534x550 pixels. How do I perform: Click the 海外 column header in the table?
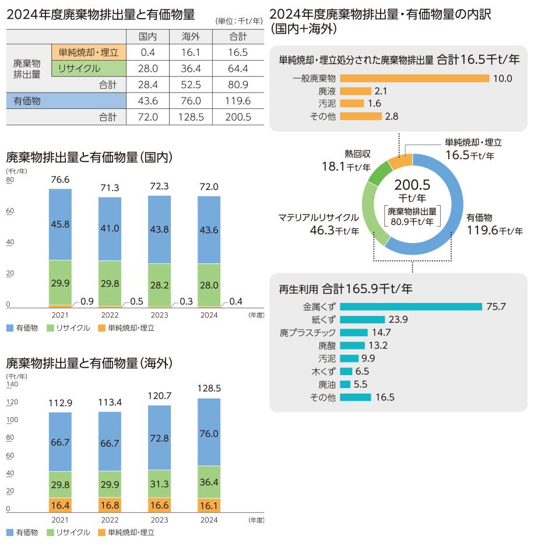tap(192, 36)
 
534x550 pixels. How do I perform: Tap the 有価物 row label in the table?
tap(27, 101)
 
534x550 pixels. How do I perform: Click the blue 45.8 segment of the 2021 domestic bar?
tap(60, 224)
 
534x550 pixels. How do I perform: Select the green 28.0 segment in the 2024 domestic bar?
tap(209, 285)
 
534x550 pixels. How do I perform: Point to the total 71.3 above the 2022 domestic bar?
tap(110, 188)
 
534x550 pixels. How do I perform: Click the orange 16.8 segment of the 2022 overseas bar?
tap(110, 505)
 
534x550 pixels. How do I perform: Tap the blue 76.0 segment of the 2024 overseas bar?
tap(209, 433)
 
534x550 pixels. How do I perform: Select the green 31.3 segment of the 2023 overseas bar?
tap(159, 484)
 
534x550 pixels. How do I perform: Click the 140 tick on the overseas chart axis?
tap(13, 384)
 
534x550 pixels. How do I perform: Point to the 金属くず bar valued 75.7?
tap(410, 306)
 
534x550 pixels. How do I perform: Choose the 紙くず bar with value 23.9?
tap(362, 319)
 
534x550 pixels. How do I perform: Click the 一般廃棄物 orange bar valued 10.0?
tap(414, 78)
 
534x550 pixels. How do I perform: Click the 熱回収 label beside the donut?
tap(356, 154)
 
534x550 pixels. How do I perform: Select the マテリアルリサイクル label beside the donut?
tap(318, 217)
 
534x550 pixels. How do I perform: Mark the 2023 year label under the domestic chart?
tap(159, 315)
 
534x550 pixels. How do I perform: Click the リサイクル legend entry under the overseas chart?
tap(72, 533)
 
